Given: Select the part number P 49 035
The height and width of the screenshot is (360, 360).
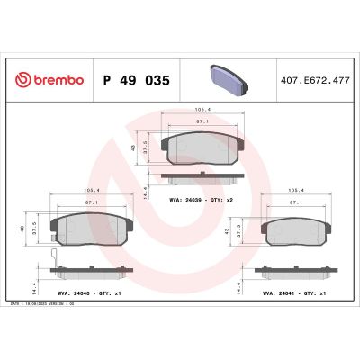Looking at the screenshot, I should pyautogui.click(x=137, y=79).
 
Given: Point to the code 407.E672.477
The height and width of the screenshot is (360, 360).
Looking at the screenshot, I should pyautogui.click(x=315, y=79).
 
